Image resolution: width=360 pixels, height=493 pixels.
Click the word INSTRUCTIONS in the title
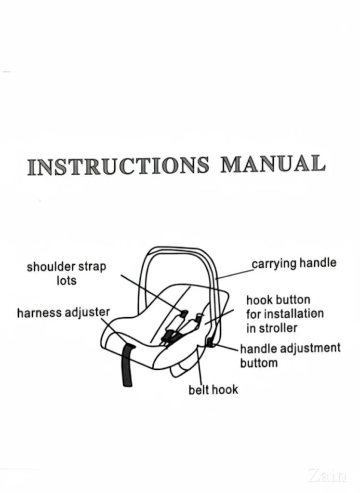[119, 166]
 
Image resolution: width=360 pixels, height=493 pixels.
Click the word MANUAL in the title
[273, 164]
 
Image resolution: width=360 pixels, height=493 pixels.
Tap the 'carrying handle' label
[294, 264]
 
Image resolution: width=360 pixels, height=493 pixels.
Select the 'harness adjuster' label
[63, 313]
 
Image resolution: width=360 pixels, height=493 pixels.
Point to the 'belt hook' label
[213, 389]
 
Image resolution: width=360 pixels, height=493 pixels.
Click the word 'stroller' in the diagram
[279, 328]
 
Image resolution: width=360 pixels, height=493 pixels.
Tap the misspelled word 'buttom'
[259, 363]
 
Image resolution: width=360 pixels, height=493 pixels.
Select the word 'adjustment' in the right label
[312, 348]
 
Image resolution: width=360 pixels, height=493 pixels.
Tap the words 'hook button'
[278, 300]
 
